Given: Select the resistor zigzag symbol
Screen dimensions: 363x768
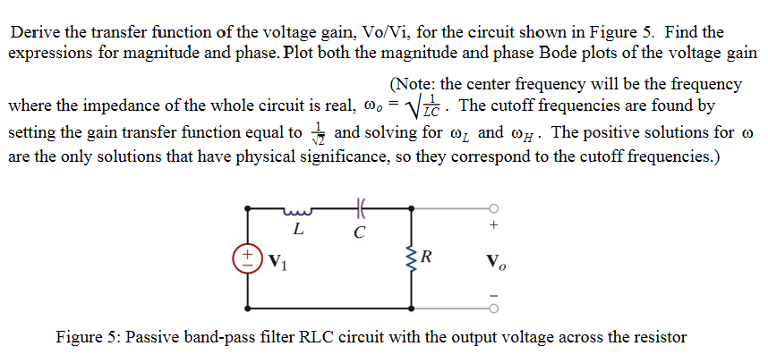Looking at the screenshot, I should click(x=414, y=259).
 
